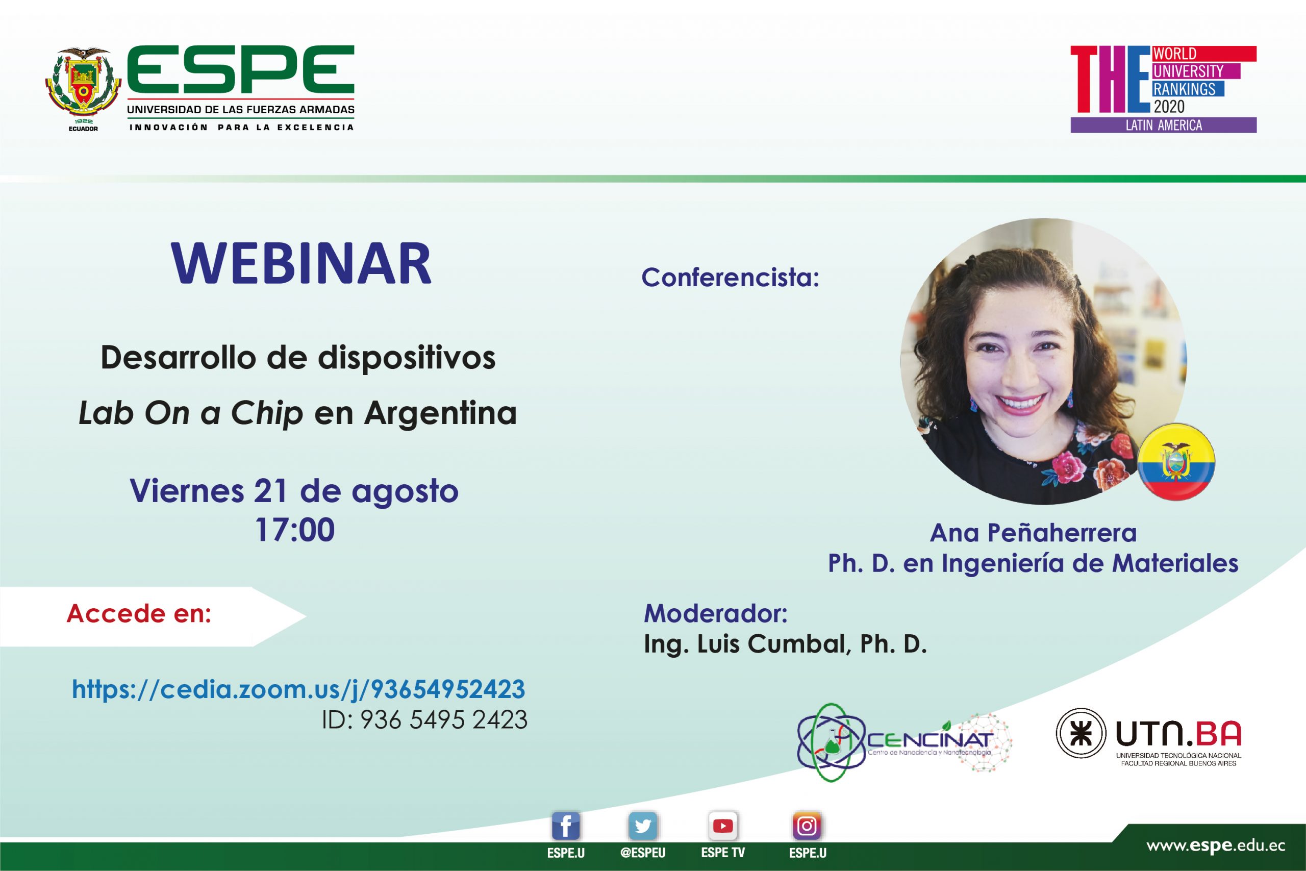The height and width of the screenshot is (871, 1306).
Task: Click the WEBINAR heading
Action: (x=302, y=263)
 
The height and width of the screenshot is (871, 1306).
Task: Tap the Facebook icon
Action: (x=565, y=827)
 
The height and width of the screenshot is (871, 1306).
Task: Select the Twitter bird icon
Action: (x=643, y=827)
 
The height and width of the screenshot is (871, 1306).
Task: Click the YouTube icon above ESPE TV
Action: (x=722, y=827)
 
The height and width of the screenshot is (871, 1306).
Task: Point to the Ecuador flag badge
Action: (x=1175, y=462)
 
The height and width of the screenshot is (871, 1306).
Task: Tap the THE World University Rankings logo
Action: (x=1163, y=89)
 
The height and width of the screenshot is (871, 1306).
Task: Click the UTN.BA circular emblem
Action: (x=1081, y=733)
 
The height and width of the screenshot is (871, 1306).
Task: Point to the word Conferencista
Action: (x=730, y=277)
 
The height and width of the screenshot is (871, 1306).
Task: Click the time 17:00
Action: (x=295, y=529)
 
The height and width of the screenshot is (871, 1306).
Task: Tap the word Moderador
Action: (x=716, y=613)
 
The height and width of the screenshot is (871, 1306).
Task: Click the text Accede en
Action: (x=139, y=613)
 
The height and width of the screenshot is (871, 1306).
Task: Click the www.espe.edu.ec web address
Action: (x=1216, y=846)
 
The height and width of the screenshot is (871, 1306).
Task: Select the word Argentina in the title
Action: (x=441, y=413)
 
